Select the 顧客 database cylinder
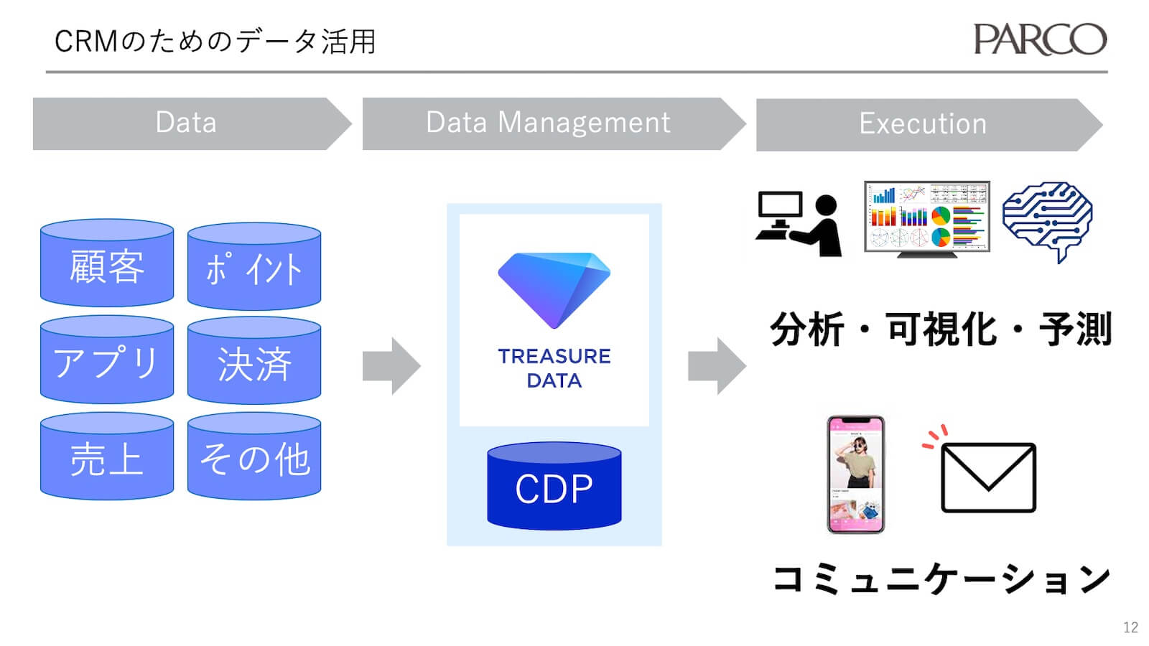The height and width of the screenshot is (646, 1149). pyautogui.click(x=107, y=264)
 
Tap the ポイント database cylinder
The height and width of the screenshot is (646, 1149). pyautogui.click(x=253, y=267)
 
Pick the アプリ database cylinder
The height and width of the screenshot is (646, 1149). pyautogui.click(x=107, y=360)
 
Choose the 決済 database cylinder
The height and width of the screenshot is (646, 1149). pyautogui.click(x=253, y=362)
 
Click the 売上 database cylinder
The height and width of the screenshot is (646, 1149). pyautogui.click(x=107, y=457)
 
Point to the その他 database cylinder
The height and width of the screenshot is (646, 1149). pyautogui.click(x=253, y=457)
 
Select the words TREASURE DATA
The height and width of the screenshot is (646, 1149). pyautogui.click(x=554, y=368)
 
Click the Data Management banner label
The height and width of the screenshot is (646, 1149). pyautogui.click(x=548, y=123)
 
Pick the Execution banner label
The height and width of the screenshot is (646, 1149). pyautogui.click(x=923, y=124)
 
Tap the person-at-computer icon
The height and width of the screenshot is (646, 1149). pyautogui.click(x=799, y=224)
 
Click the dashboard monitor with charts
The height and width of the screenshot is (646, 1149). pyautogui.click(x=926, y=217)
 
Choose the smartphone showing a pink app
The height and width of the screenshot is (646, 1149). pyautogui.click(x=855, y=474)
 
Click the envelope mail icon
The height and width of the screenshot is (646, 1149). pyautogui.click(x=988, y=477)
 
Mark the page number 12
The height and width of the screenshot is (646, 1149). pyautogui.click(x=1130, y=627)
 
